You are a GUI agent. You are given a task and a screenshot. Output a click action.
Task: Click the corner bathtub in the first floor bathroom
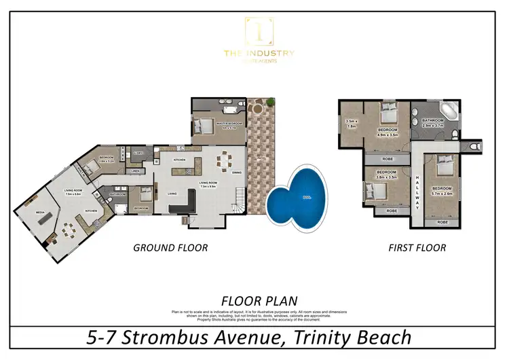click(449, 111)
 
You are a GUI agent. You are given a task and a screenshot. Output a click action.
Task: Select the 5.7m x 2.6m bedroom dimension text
click(442, 192)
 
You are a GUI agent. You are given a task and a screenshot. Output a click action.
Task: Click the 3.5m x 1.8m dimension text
click(351, 124)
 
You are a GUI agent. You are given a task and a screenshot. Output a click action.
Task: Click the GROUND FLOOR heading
click(170, 248)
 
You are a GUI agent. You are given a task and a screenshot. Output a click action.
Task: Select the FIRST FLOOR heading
click(417, 248)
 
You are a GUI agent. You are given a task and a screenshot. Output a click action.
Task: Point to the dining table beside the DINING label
click(223, 162)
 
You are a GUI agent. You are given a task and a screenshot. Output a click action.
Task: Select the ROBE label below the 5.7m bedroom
click(442, 222)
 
